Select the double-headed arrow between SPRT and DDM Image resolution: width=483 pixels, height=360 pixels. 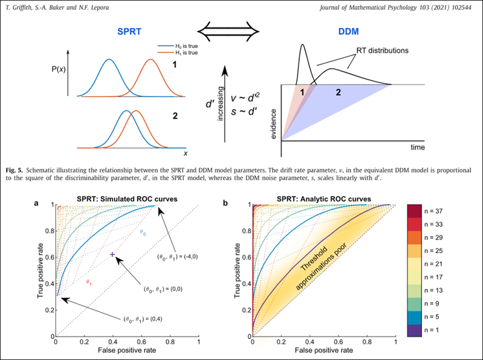pos(226,33)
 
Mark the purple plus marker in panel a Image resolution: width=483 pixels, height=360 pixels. pos(112,254)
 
